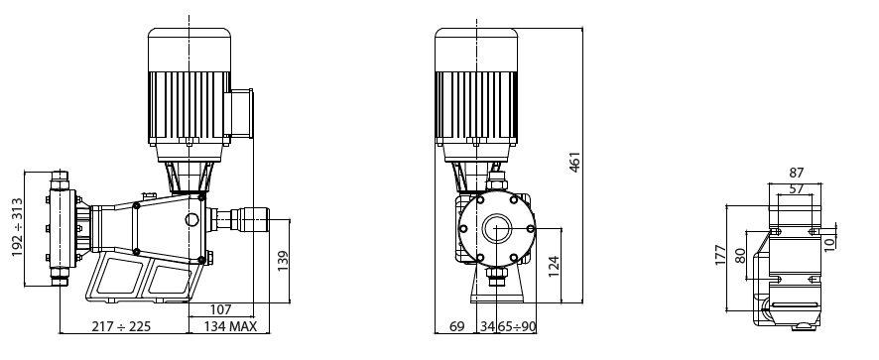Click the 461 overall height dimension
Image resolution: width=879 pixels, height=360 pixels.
(574, 162)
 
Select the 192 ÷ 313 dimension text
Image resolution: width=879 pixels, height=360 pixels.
(18, 227)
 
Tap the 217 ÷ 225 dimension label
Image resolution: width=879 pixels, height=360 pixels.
(121, 326)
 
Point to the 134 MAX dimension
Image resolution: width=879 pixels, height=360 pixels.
(230, 326)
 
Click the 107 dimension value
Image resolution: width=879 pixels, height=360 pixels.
(220, 309)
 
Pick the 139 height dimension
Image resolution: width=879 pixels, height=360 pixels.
(283, 261)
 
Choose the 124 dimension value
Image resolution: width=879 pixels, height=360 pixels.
(554, 267)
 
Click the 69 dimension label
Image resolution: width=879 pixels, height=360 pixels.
(457, 326)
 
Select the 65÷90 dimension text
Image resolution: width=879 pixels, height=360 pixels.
(516, 326)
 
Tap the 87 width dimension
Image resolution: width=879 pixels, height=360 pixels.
(796, 173)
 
